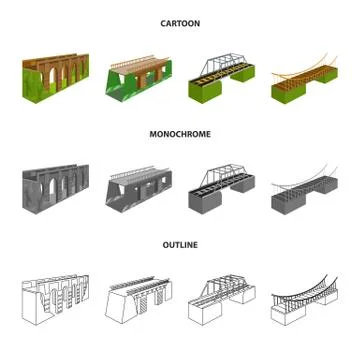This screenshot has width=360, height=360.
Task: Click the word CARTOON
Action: pos(180,23)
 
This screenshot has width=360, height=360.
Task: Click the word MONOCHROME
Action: pos(180,134)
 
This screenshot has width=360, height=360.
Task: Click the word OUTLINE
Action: pos(180,245)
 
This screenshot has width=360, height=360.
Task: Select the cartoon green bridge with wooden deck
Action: pos(139,80)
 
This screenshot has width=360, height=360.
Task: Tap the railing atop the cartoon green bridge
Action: pos(136,64)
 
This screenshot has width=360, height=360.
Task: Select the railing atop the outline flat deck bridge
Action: pos(136,282)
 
